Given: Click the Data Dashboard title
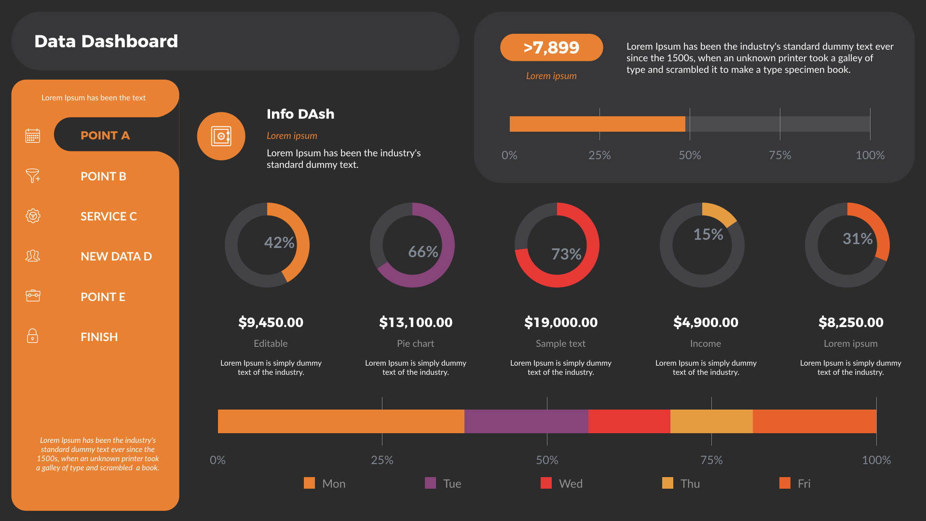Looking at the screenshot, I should (x=106, y=41).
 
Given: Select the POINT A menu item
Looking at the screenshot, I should (x=105, y=136).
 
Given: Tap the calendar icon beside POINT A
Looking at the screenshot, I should (x=33, y=136).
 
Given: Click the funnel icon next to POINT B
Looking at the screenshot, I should (x=33, y=176).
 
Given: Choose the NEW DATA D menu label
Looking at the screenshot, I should (x=116, y=257).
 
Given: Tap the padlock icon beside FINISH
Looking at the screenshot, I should (x=32, y=336).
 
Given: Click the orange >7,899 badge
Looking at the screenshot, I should (x=551, y=47).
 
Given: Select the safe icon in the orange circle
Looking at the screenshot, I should (x=221, y=137).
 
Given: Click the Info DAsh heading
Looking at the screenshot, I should (x=300, y=114).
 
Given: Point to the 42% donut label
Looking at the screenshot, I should (x=279, y=243).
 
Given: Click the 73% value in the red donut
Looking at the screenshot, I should (x=566, y=254).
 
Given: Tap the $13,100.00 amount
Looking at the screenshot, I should (x=416, y=322).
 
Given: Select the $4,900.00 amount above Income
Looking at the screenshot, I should (x=706, y=322).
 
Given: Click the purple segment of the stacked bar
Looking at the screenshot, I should (x=526, y=421).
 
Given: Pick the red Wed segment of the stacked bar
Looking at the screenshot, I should (x=629, y=421).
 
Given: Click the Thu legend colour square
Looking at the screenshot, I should (x=667, y=483).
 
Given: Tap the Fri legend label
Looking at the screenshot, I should (x=804, y=484).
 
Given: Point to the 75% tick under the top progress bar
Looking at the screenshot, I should (x=780, y=155).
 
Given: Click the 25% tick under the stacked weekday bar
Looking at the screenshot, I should (x=382, y=460).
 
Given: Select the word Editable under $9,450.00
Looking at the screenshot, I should (x=271, y=343).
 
